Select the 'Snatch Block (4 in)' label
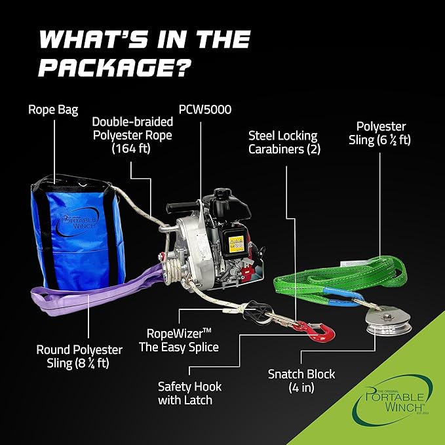tap(301, 381)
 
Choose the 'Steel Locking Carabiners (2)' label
tap(282, 143)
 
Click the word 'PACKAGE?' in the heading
tap(116, 67)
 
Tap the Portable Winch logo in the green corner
tap(396, 400)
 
